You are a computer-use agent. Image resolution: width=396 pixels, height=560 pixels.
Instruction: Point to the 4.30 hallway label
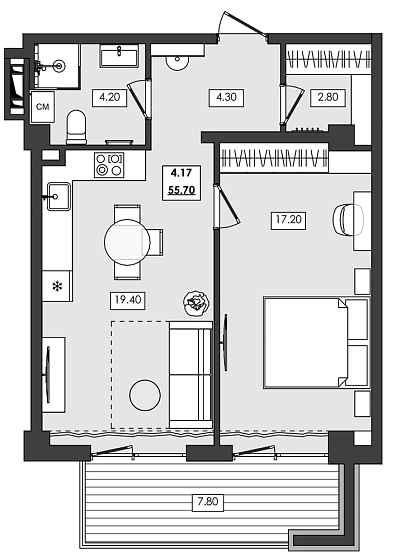pyautogui.click(x=222, y=97)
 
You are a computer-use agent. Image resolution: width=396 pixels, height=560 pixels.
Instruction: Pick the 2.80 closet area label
pyautogui.click(x=328, y=97)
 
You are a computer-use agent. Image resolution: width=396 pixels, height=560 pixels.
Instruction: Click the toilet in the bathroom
pyautogui.click(x=76, y=127)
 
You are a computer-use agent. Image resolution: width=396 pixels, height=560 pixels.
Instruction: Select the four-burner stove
pyautogui.click(x=109, y=164)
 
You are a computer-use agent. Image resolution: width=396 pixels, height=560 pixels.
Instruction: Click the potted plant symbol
pyautogui.click(x=195, y=301)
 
